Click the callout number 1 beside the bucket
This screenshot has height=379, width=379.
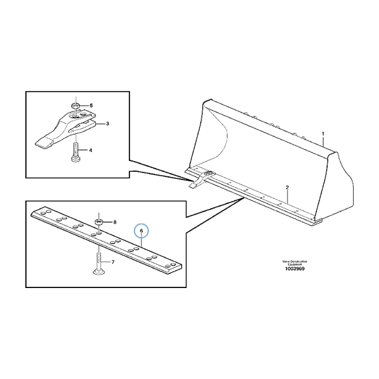(x=323, y=135)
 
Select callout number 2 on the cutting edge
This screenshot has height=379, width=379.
(x=287, y=188)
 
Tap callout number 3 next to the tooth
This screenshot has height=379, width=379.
(x=108, y=124)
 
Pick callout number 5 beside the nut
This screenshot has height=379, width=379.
(x=90, y=105)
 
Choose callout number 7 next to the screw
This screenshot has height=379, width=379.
(x=113, y=262)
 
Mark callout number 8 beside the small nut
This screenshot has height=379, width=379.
(x=115, y=222)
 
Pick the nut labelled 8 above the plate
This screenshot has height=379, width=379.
(x=99, y=222)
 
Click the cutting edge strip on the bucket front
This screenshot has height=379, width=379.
(x=265, y=198)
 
